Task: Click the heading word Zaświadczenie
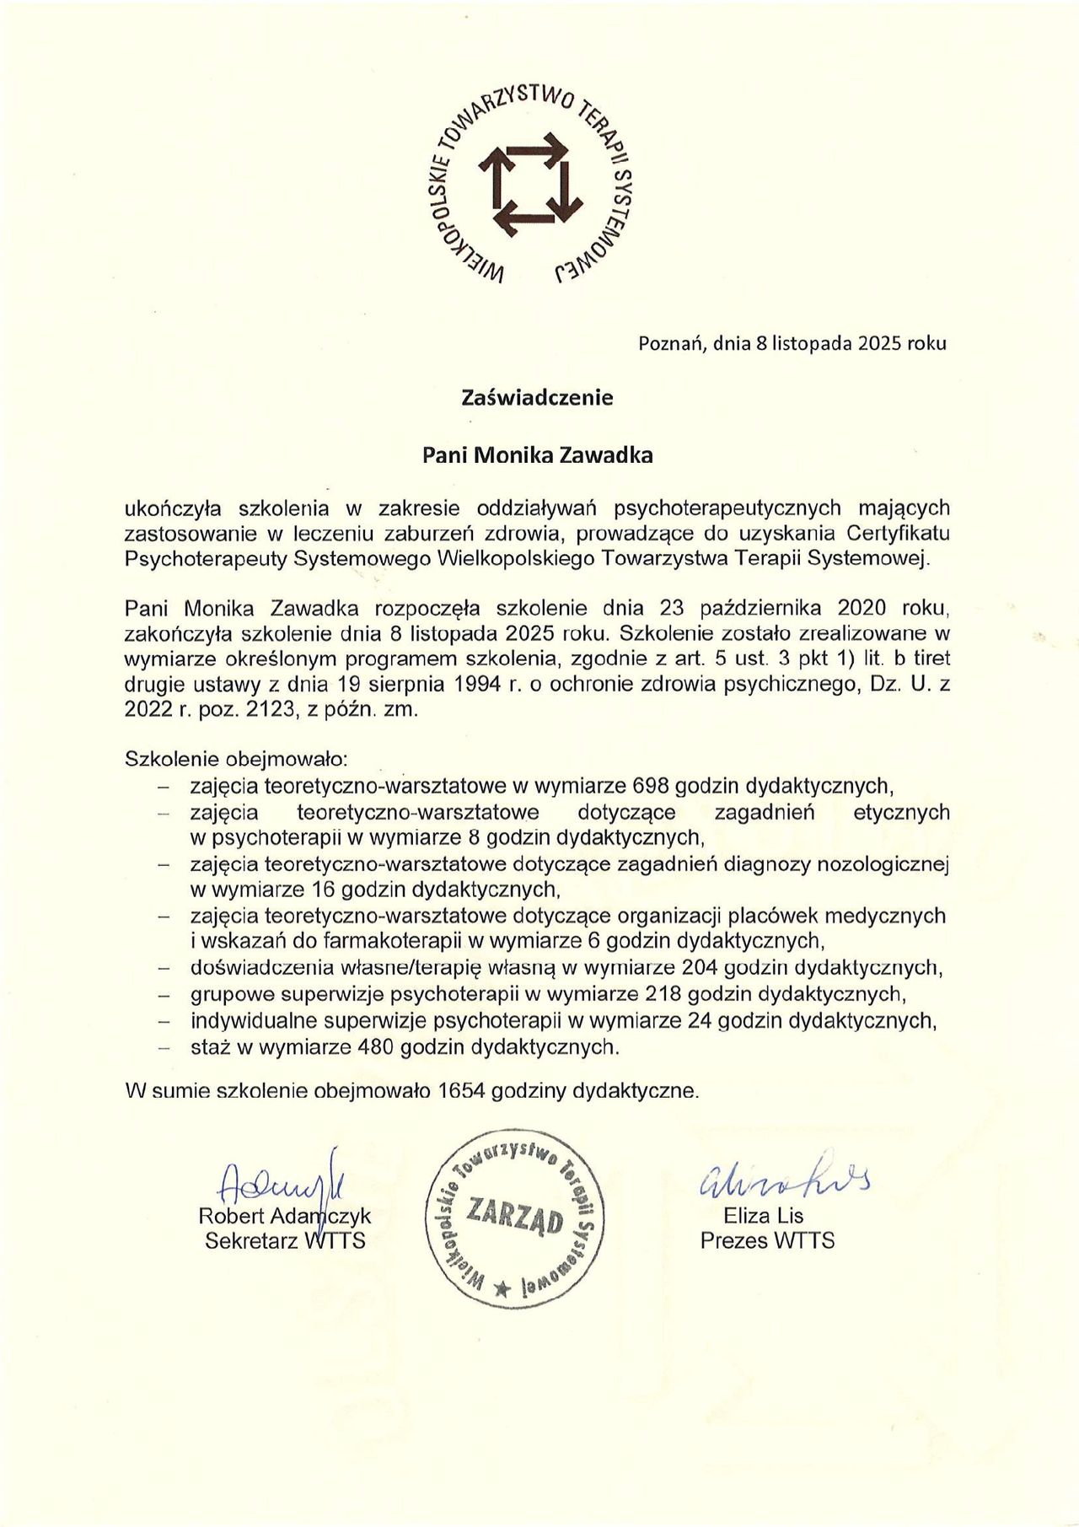[x=537, y=397]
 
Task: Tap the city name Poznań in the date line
[x=672, y=343]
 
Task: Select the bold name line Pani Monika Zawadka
[x=537, y=455]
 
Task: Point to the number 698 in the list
[x=650, y=786]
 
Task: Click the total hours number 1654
[x=461, y=1090]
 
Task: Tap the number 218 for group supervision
[x=661, y=994]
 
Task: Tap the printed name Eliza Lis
[x=763, y=1216]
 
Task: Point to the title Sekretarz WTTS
[x=285, y=1241]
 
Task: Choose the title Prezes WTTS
[x=767, y=1240]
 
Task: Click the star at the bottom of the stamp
[x=503, y=1287]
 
